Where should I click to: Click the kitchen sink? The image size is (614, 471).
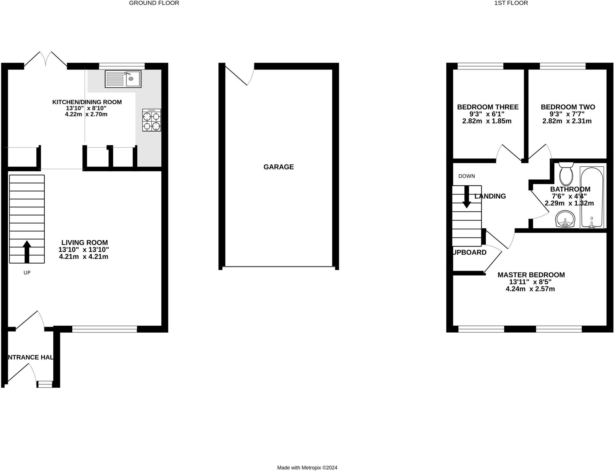click(x=123, y=79)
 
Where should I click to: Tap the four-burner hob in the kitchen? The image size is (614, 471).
click(x=151, y=120)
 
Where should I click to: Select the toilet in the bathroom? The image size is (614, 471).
click(x=566, y=174)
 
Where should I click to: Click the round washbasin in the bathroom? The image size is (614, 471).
click(x=565, y=219)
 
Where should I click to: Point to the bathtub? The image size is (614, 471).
click(x=592, y=198)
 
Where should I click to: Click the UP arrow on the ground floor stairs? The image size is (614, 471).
click(x=27, y=251)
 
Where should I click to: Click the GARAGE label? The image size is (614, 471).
click(x=279, y=167)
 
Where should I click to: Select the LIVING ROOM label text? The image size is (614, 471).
click(x=85, y=242)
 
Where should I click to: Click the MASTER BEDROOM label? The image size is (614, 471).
click(x=531, y=275)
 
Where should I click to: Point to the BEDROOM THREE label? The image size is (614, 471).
click(x=488, y=107)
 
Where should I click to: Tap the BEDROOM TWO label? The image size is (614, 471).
click(x=568, y=107)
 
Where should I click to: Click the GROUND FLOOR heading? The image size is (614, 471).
click(x=154, y=3)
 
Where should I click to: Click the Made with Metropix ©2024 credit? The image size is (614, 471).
click(x=307, y=467)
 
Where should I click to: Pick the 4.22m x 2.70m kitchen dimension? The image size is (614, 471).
click(x=86, y=114)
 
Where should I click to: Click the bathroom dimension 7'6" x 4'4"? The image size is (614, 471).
click(x=569, y=196)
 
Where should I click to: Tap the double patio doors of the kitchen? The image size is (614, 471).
click(x=46, y=60)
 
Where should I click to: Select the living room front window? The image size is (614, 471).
click(x=105, y=329)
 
